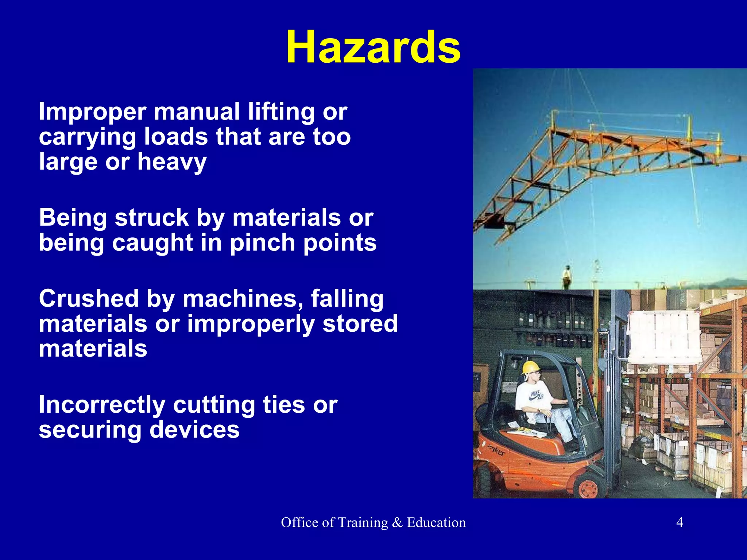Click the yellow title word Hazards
pyautogui.click(x=373, y=47)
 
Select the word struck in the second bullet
pyautogui.click(x=152, y=218)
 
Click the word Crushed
pyautogui.click(x=89, y=299)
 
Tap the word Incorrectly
pyautogui.click(x=102, y=405)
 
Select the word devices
pyautogui.click(x=194, y=430)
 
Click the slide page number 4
pyautogui.click(x=680, y=522)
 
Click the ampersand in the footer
pyautogui.click(x=397, y=522)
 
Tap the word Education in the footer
pyautogui.click(x=436, y=522)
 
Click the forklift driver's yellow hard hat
pyautogui.click(x=529, y=367)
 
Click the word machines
pyautogui.click(x=243, y=299)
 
